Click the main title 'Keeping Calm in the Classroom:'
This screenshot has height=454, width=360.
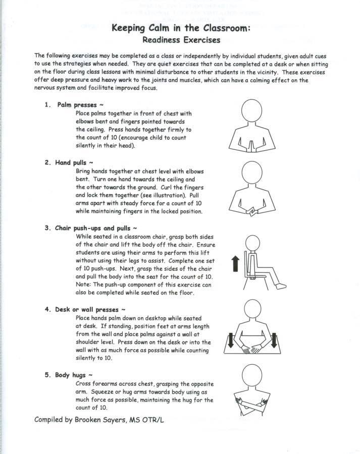coord(181,29)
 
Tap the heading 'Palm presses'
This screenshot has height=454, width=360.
coord(76,105)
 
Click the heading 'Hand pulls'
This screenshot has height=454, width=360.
coord(73,163)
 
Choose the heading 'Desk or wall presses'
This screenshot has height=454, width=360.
coord(88,309)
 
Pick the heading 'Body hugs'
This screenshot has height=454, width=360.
coord(73,376)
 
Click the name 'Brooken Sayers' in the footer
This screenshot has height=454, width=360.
coord(104,419)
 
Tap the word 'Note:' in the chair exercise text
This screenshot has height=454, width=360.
coord(84,285)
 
